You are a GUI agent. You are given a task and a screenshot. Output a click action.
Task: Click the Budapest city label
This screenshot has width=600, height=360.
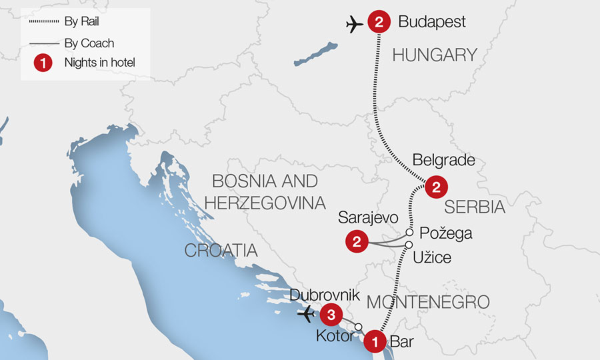pos(431,22)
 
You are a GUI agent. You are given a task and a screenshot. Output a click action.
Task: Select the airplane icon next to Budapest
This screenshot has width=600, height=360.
pos(355,24)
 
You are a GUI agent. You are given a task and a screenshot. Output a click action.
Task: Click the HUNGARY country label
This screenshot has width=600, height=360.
pos(435,55)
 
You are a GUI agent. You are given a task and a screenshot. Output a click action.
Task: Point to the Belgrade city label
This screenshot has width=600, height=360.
pos(443,161)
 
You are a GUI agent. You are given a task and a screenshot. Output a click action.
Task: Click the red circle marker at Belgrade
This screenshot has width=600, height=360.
pos(436,187)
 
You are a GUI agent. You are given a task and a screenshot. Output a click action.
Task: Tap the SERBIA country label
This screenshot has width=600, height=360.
pos(475,207)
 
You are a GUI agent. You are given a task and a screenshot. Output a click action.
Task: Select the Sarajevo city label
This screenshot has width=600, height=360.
pos(368,218)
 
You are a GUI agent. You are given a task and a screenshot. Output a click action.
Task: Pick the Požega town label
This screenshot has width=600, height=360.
pos(446,233)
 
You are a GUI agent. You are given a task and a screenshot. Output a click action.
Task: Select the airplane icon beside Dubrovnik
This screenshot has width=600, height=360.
pos(307,313)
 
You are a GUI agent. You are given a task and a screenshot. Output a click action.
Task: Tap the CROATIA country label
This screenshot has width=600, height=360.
pos(221,251)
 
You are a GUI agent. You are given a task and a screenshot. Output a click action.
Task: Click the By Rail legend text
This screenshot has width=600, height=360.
pos(81,22)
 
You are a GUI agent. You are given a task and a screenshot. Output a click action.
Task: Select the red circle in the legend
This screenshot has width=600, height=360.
pos(43,64)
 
